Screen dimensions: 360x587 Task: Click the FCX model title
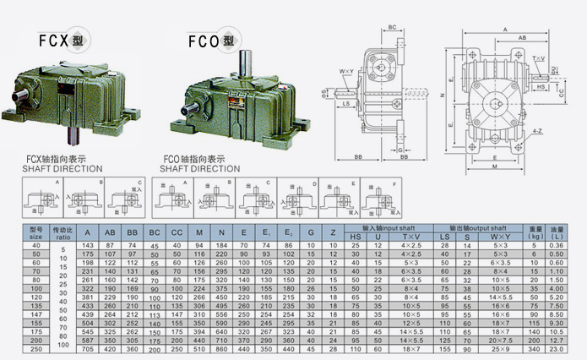point(59,40)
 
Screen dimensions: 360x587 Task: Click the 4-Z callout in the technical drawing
point(537,131)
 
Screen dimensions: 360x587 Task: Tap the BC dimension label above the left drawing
point(393,28)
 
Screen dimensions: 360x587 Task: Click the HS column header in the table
point(355,236)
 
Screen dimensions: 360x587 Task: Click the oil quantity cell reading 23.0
point(557,348)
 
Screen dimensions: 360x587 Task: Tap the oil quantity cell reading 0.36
point(557,244)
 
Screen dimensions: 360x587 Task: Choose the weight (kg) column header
point(535,232)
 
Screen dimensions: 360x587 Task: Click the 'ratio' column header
point(63,232)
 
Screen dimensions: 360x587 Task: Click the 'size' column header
point(35,232)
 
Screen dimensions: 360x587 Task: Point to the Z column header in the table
point(331,232)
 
